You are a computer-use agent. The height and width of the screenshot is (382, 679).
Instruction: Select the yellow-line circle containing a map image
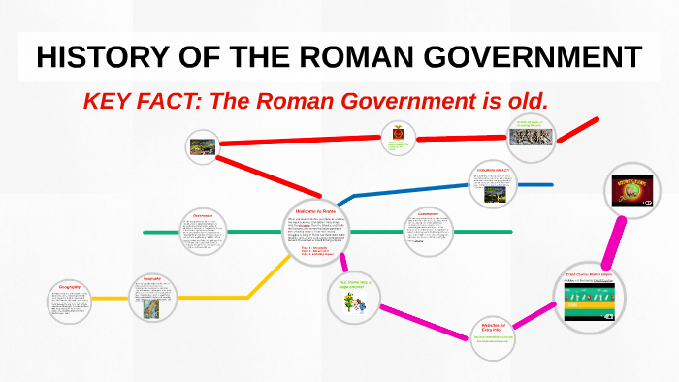[151, 297]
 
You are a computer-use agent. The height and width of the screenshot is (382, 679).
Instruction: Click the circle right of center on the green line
[428, 233]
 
